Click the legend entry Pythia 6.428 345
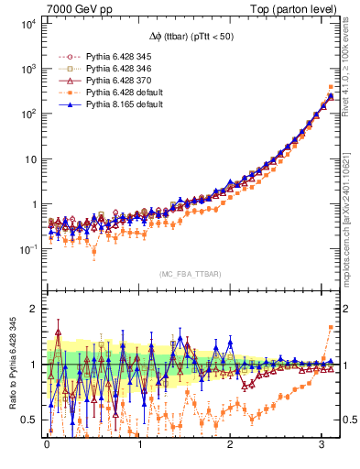[x=118, y=55]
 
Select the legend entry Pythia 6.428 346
[x=118, y=68]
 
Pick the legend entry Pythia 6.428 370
[x=118, y=81]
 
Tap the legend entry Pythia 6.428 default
[x=121, y=93]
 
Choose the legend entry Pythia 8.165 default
[x=121, y=106]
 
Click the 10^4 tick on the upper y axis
[x=29, y=24]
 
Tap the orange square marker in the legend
[x=62, y=93]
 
